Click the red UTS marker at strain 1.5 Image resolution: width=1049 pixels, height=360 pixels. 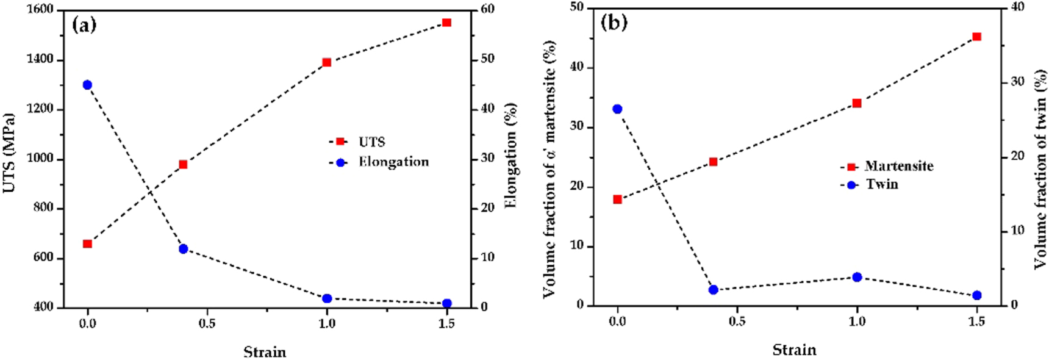point(446,23)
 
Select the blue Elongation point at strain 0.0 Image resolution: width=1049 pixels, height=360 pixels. point(87,85)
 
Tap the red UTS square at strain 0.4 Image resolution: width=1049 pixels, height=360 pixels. point(183,164)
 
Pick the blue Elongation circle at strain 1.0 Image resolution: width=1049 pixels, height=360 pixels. point(327,298)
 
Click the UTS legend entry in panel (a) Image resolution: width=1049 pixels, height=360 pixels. point(371,142)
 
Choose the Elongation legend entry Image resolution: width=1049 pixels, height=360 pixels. point(393,162)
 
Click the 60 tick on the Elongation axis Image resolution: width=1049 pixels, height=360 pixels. point(487,9)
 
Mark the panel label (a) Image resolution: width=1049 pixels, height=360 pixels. point(84,25)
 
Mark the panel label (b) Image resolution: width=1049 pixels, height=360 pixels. point(614,23)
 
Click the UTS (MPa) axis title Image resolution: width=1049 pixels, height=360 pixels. point(9,153)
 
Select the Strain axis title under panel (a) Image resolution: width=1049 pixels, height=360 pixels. point(265,351)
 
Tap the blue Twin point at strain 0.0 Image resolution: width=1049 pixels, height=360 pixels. point(617,109)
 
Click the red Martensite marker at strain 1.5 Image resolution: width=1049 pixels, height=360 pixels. point(976,37)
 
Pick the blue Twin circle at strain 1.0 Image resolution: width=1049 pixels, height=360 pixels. point(857,277)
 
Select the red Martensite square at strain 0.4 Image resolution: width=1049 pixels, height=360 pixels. point(713,162)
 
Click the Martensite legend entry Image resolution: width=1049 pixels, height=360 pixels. point(898,166)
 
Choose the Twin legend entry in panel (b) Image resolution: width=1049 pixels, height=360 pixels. point(881,184)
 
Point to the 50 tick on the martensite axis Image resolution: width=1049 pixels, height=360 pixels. point(576,7)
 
